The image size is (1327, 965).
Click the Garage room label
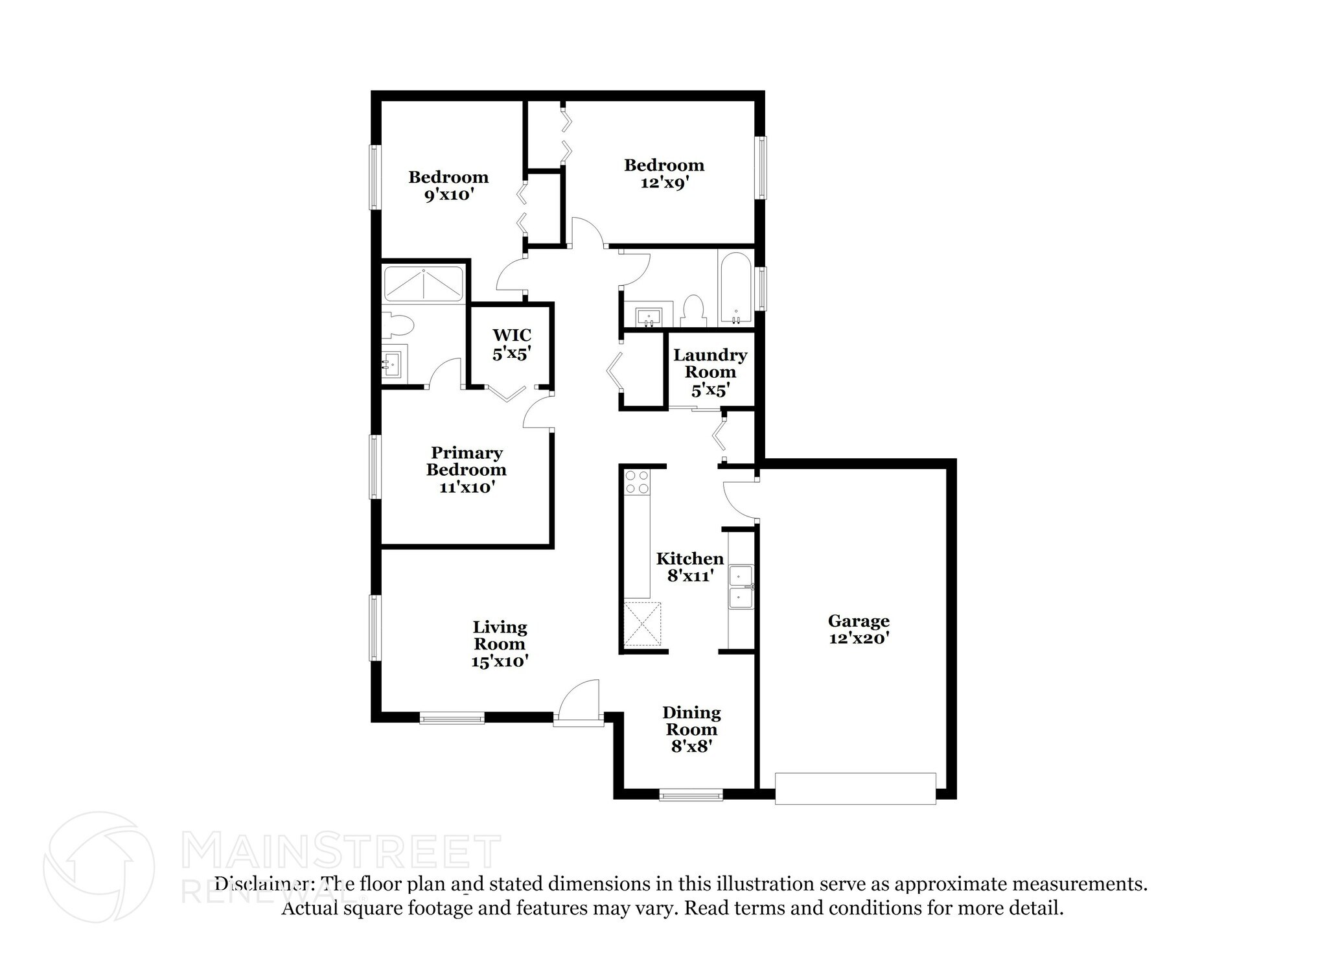coord(858,621)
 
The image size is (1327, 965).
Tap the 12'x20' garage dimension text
coord(858,638)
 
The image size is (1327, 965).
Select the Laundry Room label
coord(710,364)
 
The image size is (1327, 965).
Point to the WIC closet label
coord(511,335)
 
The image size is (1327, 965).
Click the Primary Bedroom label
coord(467,461)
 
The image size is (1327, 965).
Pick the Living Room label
coord(500,635)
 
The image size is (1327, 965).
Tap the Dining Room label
coord(691,721)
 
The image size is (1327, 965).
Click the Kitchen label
coord(689,559)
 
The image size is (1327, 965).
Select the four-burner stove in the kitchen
coord(636,482)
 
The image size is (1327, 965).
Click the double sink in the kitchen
coord(741,587)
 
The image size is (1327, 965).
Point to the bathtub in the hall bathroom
coord(735,288)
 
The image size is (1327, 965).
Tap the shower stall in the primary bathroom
coord(423,284)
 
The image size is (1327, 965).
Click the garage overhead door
coord(855,788)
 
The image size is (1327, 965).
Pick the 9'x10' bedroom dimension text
coord(448,194)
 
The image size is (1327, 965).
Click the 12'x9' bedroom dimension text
coord(663,183)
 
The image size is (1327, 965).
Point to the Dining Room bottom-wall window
coord(691,794)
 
